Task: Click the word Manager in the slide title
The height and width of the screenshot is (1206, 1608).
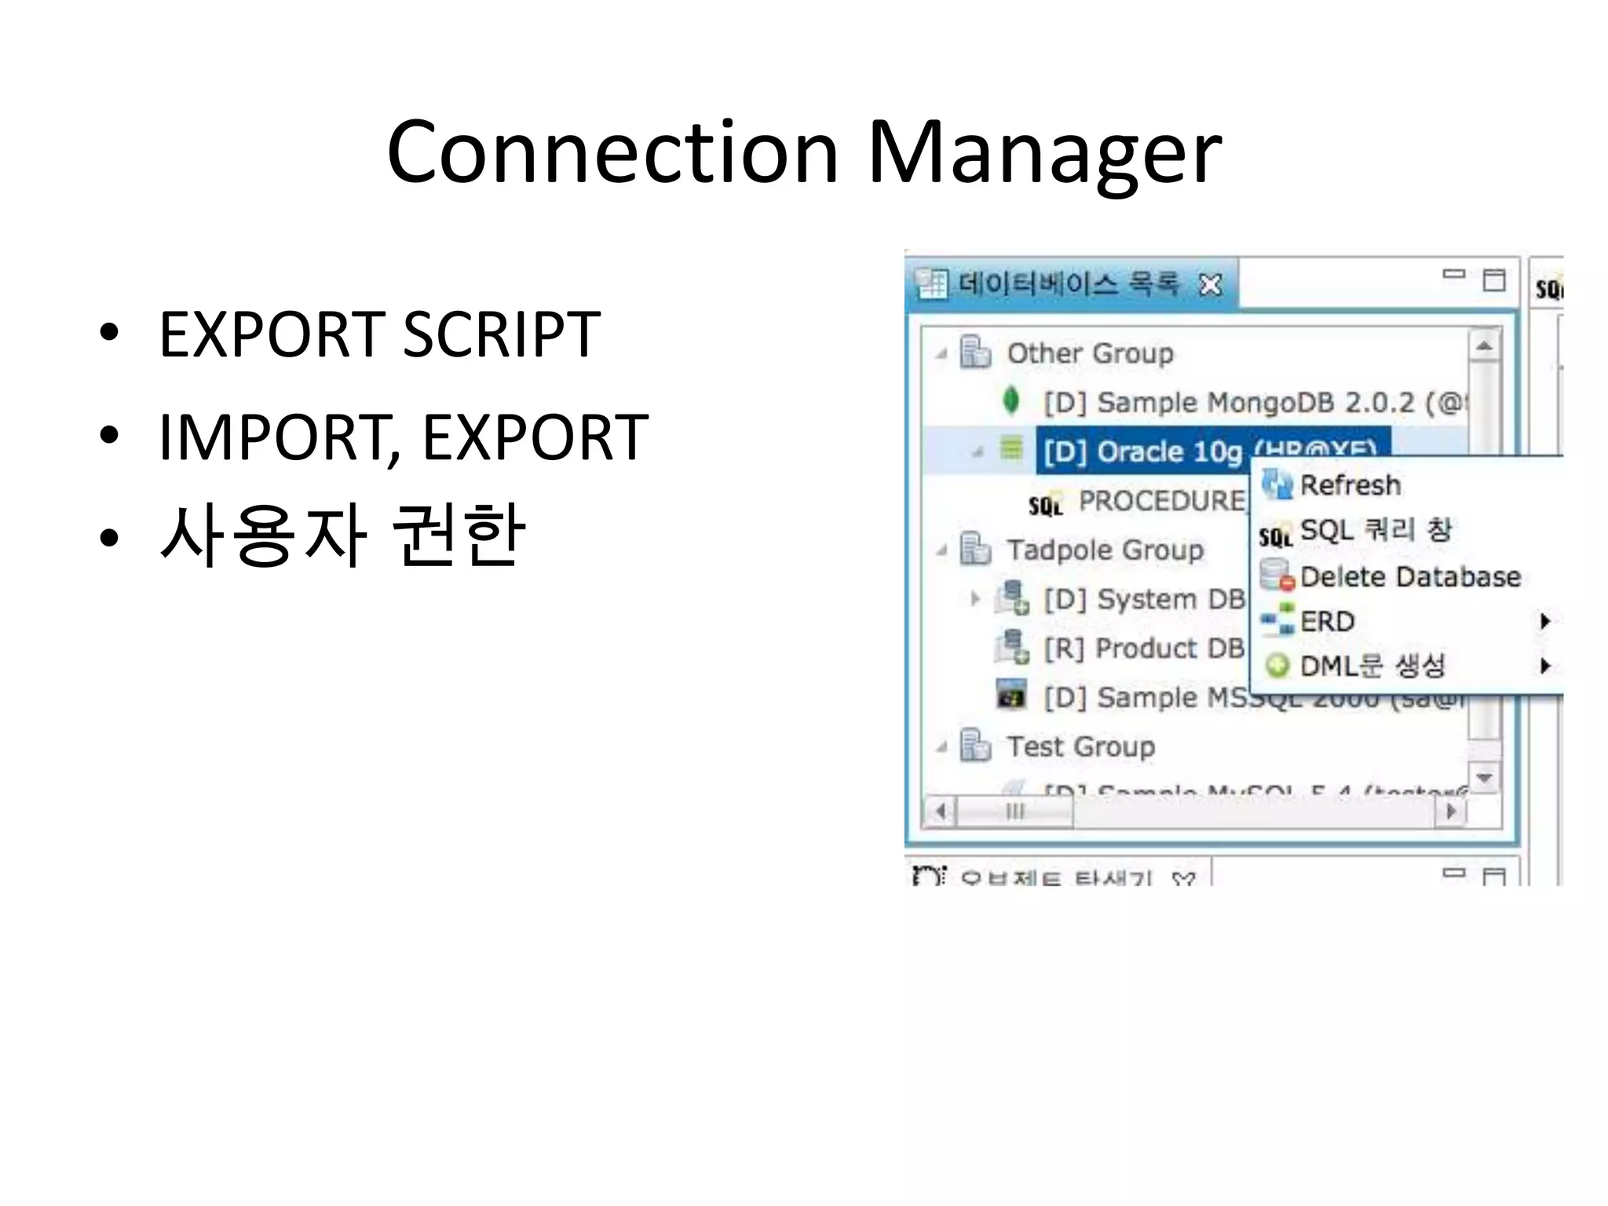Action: tap(1044, 153)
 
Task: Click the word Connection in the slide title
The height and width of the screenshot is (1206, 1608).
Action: tap(612, 153)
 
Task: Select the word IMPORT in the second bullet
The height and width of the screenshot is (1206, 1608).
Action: tap(275, 437)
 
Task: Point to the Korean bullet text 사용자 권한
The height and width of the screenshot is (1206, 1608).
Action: tap(342, 535)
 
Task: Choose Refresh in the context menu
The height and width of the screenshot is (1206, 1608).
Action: tap(1350, 485)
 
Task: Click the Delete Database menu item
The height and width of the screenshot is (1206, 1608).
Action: tap(1409, 577)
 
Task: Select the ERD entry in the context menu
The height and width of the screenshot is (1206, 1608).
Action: tap(1327, 622)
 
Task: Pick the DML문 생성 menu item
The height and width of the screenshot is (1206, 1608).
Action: tap(1372, 667)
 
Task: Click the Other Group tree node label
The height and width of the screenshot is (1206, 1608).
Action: tap(1090, 353)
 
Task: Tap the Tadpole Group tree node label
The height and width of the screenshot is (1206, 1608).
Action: tap(1105, 550)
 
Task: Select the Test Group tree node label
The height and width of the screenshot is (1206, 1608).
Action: tap(1080, 747)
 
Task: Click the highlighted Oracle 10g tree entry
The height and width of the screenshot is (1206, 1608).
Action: tap(1142, 451)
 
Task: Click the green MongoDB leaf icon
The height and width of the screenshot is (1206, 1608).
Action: tap(1011, 401)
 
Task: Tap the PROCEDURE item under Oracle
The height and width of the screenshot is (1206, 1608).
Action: tap(1160, 501)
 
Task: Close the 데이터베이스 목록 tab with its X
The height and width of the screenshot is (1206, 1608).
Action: tap(1210, 284)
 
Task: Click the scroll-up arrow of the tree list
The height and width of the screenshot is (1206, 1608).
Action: tap(1484, 346)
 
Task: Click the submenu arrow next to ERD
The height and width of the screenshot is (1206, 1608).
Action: tap(1544, 622)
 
